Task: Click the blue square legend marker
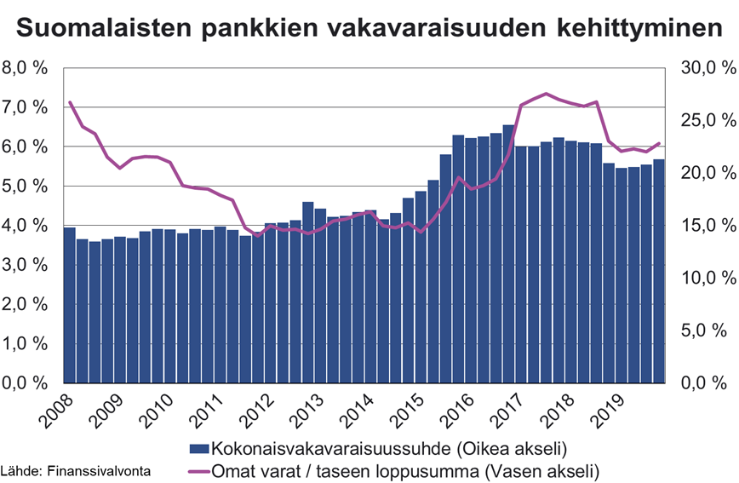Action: (x=198, y=448)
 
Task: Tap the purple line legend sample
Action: (x=198, y=469)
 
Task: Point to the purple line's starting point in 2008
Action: (x=70, y=102)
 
